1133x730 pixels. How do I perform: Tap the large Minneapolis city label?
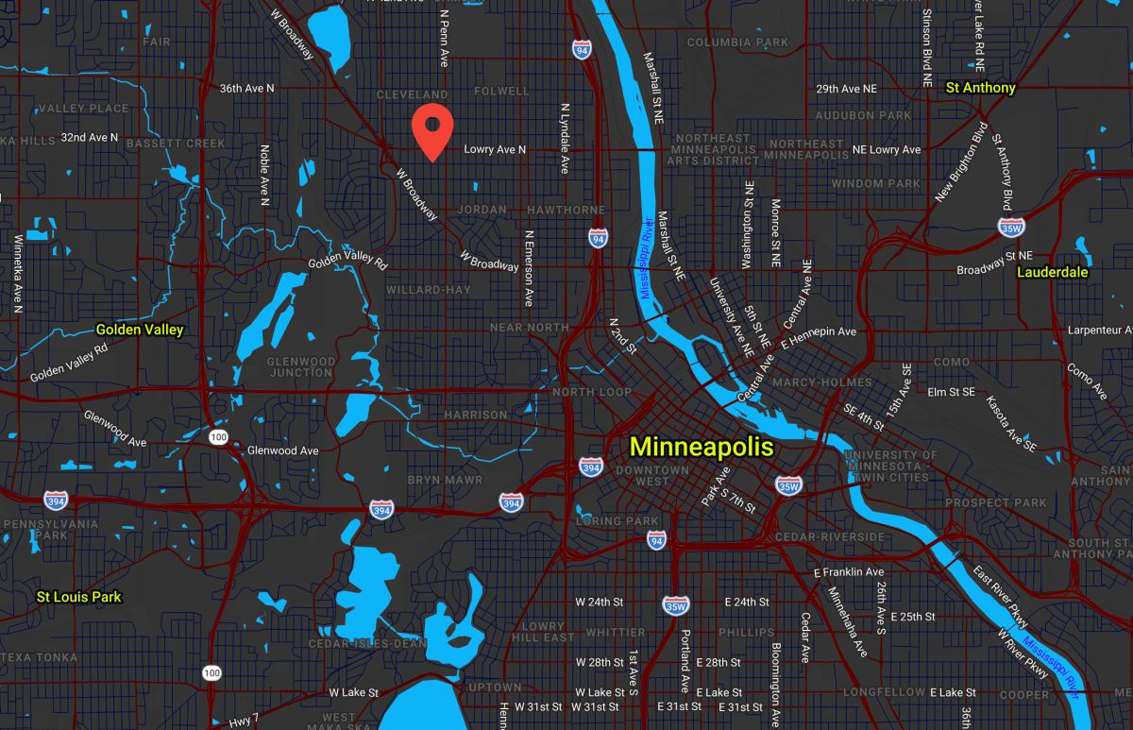pos(702,447)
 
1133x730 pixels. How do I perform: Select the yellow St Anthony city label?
pos(981,88)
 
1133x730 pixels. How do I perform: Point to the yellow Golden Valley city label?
pos(140,331)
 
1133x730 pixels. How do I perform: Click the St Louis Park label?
pos(79,597)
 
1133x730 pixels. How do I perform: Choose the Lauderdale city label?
pos(1053,273)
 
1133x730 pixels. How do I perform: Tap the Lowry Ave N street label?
pos(495,150)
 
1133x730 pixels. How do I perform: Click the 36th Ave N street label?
pos(246,88)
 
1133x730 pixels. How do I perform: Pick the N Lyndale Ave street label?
pos(565,138)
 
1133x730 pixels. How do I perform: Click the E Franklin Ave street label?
pos(849,572)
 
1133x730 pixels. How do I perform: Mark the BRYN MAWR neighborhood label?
pos(445,481)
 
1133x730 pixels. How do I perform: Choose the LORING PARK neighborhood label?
pos(617,521)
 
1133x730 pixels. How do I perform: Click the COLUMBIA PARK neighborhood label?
pos(737,42)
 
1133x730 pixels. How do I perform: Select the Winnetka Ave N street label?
pos(17,274)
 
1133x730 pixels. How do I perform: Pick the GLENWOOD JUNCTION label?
pos(301,367)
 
